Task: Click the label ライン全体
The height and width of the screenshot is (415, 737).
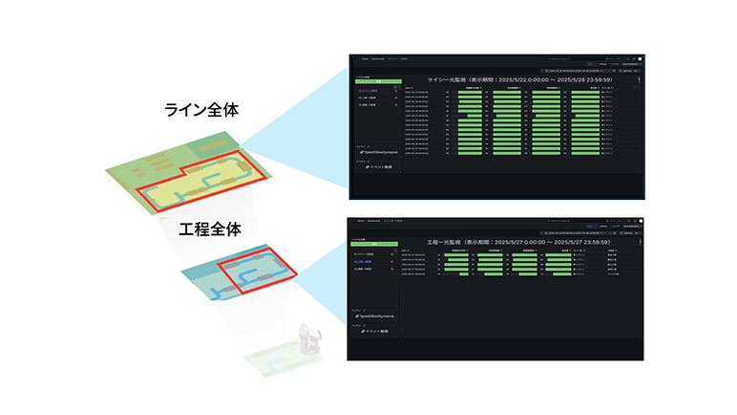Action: [201, 110]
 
